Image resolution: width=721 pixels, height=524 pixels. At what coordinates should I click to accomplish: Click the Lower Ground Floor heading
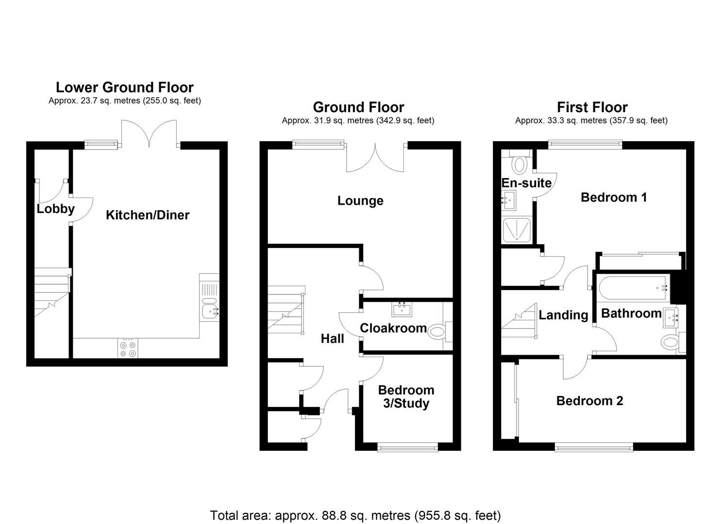pos(125,87)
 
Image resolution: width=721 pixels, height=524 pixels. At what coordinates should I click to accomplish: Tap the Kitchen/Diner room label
pos(148,215)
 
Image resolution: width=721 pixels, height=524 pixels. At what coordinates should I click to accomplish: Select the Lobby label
pos(55,209)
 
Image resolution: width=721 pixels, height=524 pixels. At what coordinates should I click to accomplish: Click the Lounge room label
pos(360,200)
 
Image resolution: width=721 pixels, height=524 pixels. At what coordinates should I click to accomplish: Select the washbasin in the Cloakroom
pos(402,309)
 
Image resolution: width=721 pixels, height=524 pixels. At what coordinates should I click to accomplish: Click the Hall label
pos(333,339)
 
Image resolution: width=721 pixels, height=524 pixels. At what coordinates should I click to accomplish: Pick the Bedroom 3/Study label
pos(406,397)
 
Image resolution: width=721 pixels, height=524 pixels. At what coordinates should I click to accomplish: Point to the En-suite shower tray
pos(517,230)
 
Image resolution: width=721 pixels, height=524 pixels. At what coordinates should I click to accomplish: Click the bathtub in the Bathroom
pos(632,288)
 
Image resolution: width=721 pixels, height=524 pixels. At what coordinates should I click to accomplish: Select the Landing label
pos(563,315)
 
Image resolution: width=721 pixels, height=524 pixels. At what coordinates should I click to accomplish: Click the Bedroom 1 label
pos(614,197)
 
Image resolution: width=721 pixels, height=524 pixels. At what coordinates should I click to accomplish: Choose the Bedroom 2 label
pos(589,401)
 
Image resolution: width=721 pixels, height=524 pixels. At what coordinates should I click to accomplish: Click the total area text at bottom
pos(355,515)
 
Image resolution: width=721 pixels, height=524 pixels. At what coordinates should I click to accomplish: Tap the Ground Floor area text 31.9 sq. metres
pos(358,120)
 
